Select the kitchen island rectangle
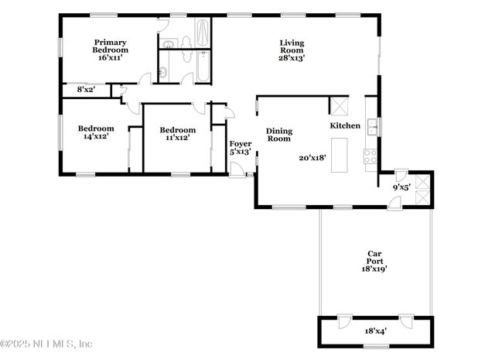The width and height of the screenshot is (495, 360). click(339, 156)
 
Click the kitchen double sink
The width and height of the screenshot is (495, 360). click(373, 126)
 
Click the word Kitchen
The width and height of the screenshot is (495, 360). click(345, 125)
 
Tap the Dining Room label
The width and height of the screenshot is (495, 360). click(278, 135)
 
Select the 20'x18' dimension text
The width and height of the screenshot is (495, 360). click(312, 157)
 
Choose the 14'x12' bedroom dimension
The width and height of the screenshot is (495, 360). click(96, 136)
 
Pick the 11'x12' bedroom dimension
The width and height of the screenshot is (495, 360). click(177, 138)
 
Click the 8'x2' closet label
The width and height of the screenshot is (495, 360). click(85, 90)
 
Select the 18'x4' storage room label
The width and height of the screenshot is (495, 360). click(374, 331)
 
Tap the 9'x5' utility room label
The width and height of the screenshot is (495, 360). click(401, 187)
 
